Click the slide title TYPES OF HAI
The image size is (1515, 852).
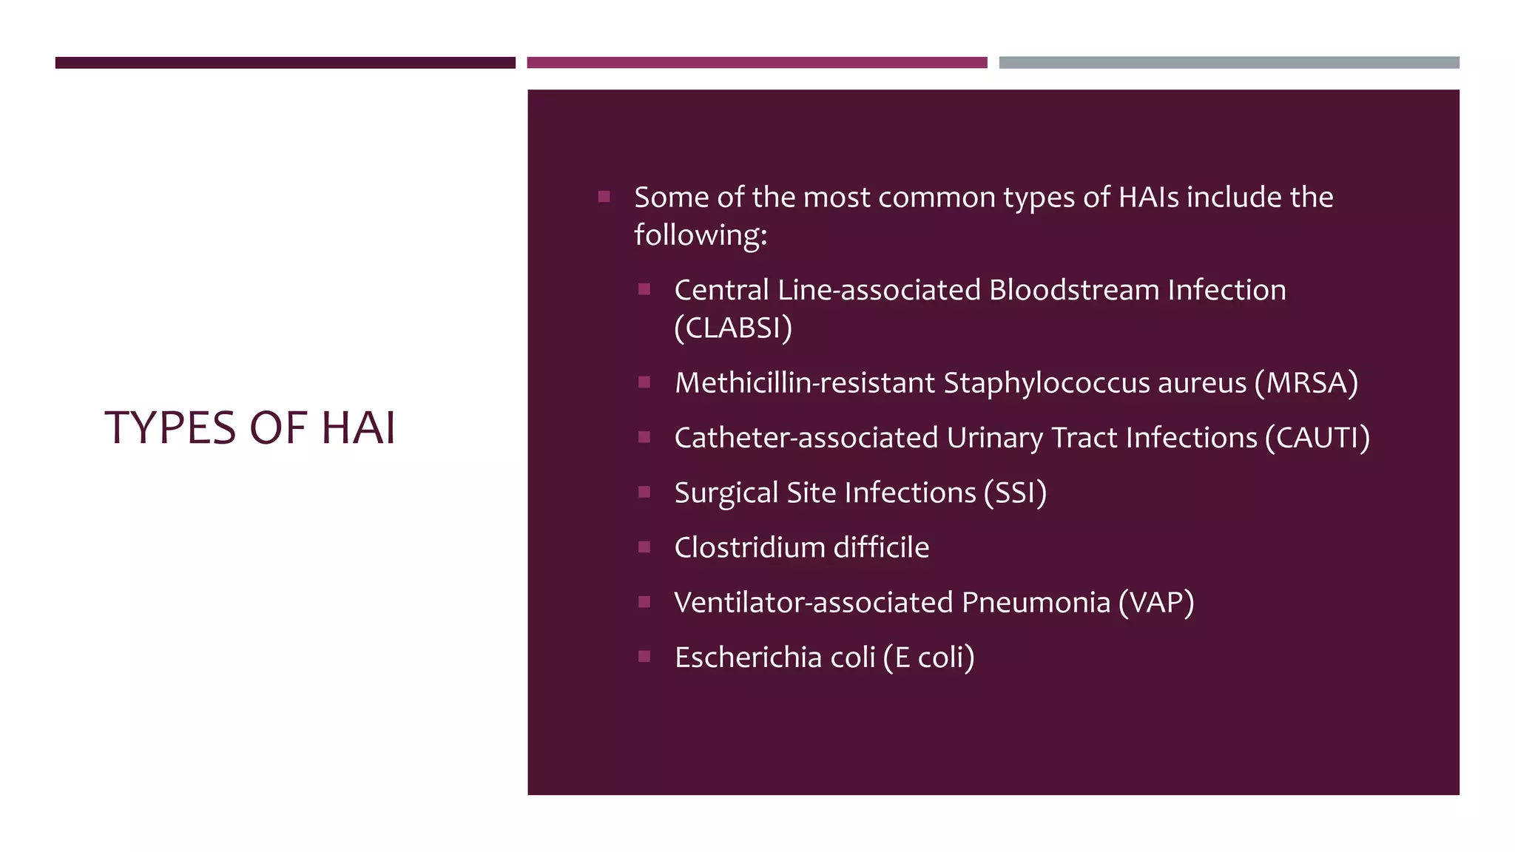click(x=250, y=427)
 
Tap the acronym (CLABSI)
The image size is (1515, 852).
click(x=732, y=328)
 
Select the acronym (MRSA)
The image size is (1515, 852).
click(x=1306, y=383)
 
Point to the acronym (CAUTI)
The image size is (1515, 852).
click(x=1317, y=438)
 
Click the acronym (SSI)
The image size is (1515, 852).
click(x=1015, y=493)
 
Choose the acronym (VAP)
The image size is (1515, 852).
click(x=1155, y=603)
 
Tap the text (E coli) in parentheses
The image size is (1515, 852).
click(x=928, y=657)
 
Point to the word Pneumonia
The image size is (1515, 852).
click(x=1036, y=603)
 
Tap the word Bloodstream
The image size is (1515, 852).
click(x=1073, y=290)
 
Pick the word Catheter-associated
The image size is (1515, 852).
click(x=806, y=438)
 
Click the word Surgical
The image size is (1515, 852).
click(x=726, y=493)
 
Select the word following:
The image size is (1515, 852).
click(x=701, y=235)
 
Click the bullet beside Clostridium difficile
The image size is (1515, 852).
click(x=644, y=547)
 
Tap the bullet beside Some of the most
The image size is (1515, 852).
click(x=604, y=197)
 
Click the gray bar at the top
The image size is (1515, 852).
click(x=1229, y=63)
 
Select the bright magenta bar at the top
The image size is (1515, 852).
click(x=757, y=63)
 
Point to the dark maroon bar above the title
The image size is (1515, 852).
click(x=285, y=63)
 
